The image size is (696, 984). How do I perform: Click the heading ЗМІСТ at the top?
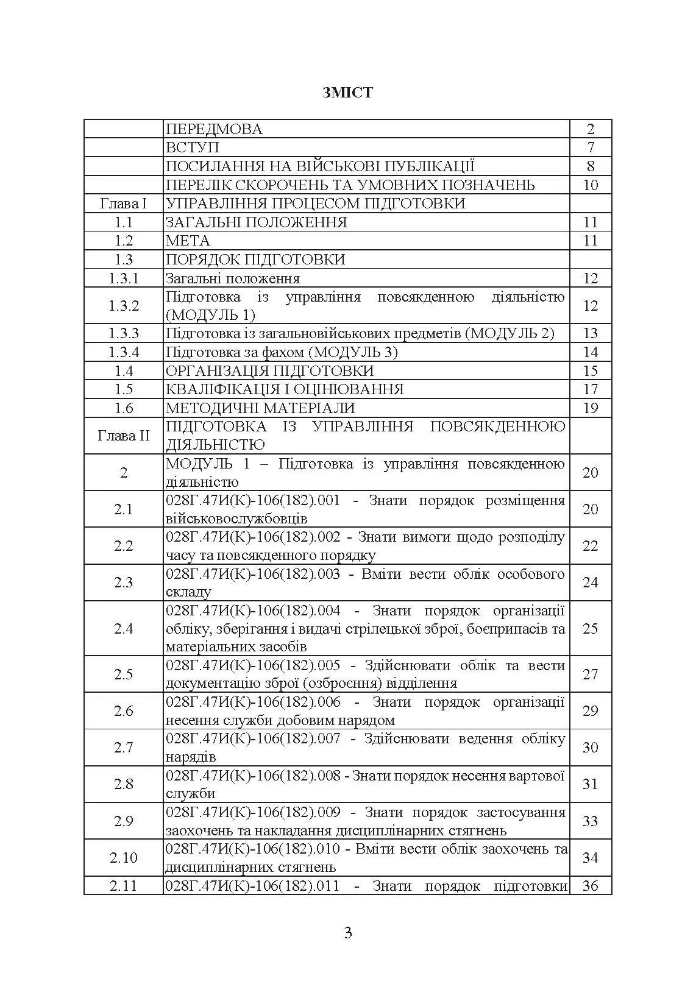[x=347, y=93]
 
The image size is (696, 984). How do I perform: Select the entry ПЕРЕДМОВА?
[x=214, y=129]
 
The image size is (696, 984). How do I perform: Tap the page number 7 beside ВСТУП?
[x=591, y=147]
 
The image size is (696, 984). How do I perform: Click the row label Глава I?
[x=123, y=204]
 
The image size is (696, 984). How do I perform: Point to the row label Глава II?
[x=123, y=436]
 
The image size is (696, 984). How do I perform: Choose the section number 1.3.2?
[x=123, y=306]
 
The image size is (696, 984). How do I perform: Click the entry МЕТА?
[x=188, y=241]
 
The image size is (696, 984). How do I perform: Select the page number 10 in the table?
[x=591, y=185]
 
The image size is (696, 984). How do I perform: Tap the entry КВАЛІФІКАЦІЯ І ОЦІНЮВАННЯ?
[x=285, y=389]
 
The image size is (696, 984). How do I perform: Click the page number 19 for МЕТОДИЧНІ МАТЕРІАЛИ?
[x=591, y=408]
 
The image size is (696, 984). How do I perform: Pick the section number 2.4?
[x=123, y=628]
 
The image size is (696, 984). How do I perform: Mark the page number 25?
[x=591, y=628]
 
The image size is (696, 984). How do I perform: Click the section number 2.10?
[x=123, y=858]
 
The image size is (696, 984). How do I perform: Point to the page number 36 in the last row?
[x=591, y=886]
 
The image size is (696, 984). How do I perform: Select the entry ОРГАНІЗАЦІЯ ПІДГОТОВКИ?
[x=269, y=371]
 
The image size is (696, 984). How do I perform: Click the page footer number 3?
[x=348, y=933]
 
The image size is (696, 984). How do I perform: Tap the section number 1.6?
[x=123, y=408]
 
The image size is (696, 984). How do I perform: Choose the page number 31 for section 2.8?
[x=591, y=784]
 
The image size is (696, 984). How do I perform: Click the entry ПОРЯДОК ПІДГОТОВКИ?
[x=255, y=260]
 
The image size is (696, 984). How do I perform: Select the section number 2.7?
[x=123, y=748]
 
